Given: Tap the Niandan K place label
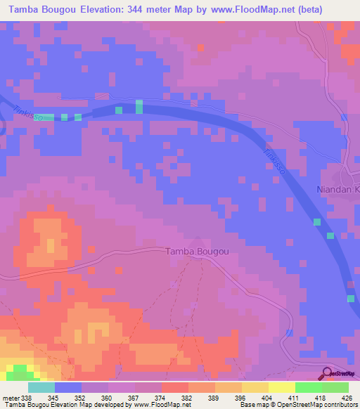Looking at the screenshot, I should (337, 190).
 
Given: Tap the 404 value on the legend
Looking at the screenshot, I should (266, 397).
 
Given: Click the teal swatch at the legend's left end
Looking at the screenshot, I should (41, 387).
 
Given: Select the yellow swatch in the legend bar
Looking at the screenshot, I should (281, 387).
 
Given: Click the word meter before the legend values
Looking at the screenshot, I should (12, 397).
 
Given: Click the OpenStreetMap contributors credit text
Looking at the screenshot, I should (317, 405).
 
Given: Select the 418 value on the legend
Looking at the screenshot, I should (319, 397).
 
